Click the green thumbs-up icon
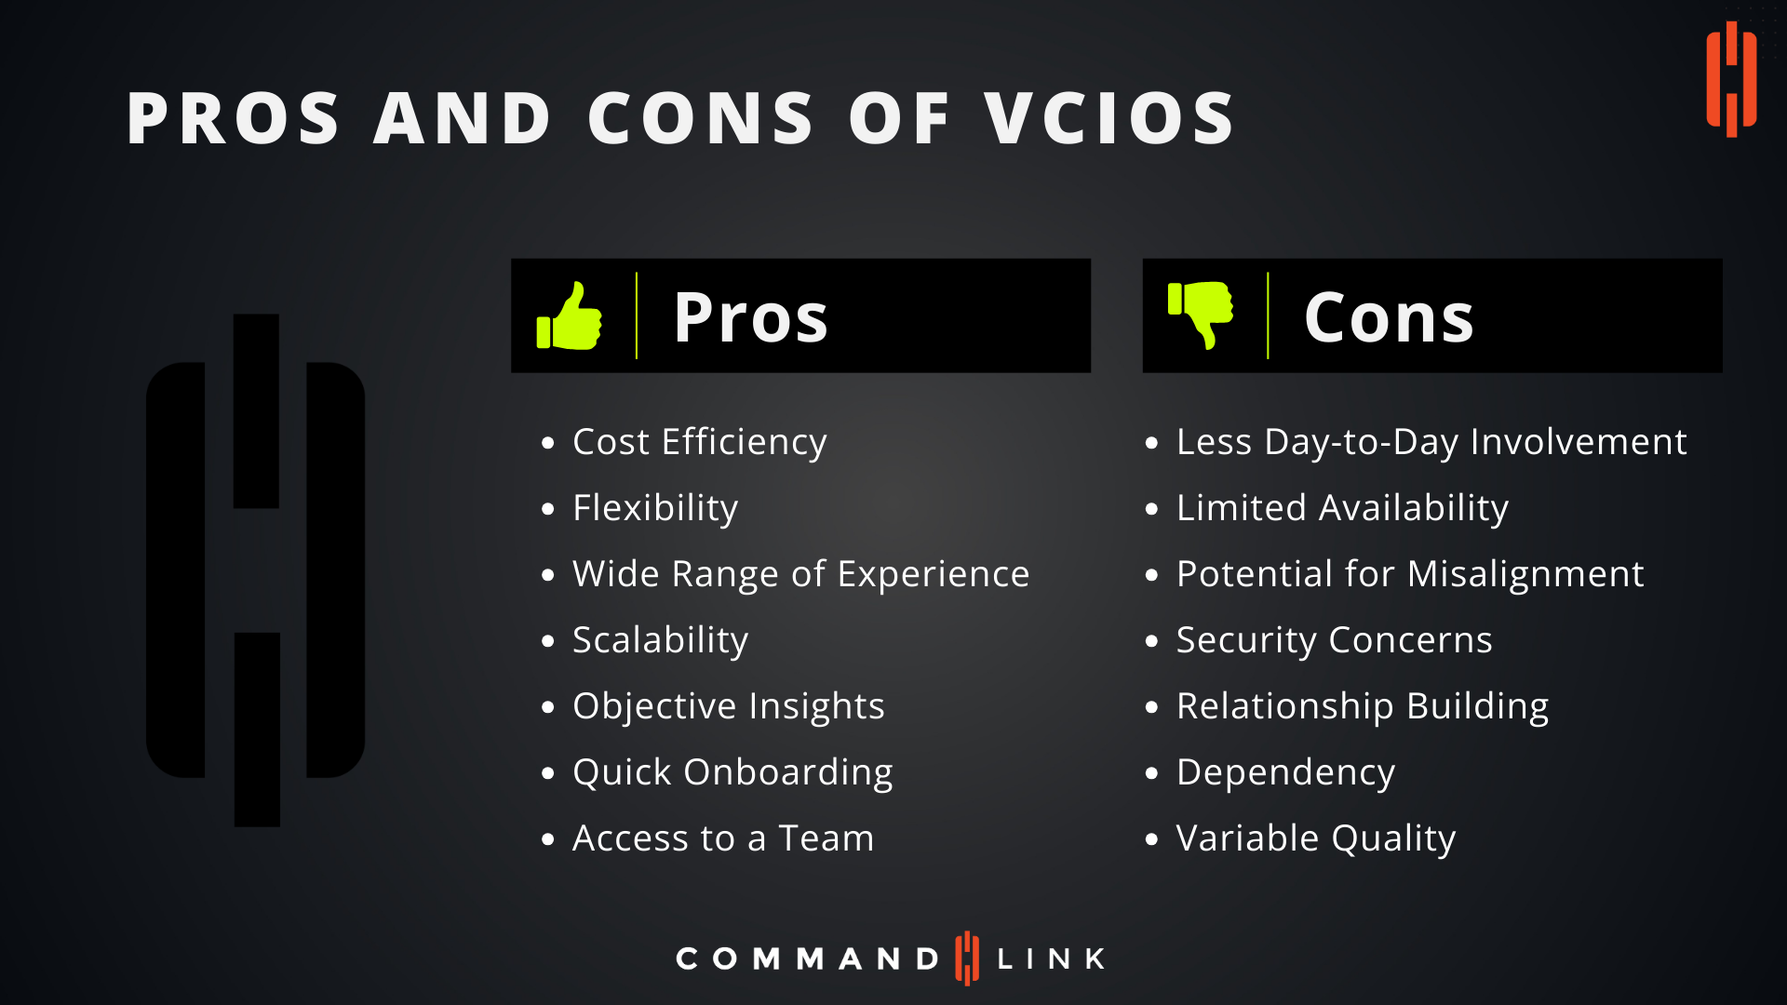tap(570, 316)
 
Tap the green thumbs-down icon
tap(1201, 315)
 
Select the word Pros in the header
tap(750, 317)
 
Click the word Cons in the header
tap(1389, 317)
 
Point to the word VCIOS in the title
tap(1109, 118)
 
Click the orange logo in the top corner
tap(1731, 79)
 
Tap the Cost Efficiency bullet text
tap(699, 442)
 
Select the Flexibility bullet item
tap(655, 508)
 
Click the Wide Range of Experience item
tap(800, 574)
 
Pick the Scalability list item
tap(660, 640)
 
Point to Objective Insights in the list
tap(728, 706)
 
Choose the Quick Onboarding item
tap(732, 772)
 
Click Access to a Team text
tap(723, 838)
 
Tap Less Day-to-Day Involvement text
tap(1431, 442)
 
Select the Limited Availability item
tap(1342, 508)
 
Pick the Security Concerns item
tap(1334, 640)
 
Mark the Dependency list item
tap(1285, 772)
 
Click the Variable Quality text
tap(1315, 838)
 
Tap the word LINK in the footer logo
tap(1051, 958)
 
